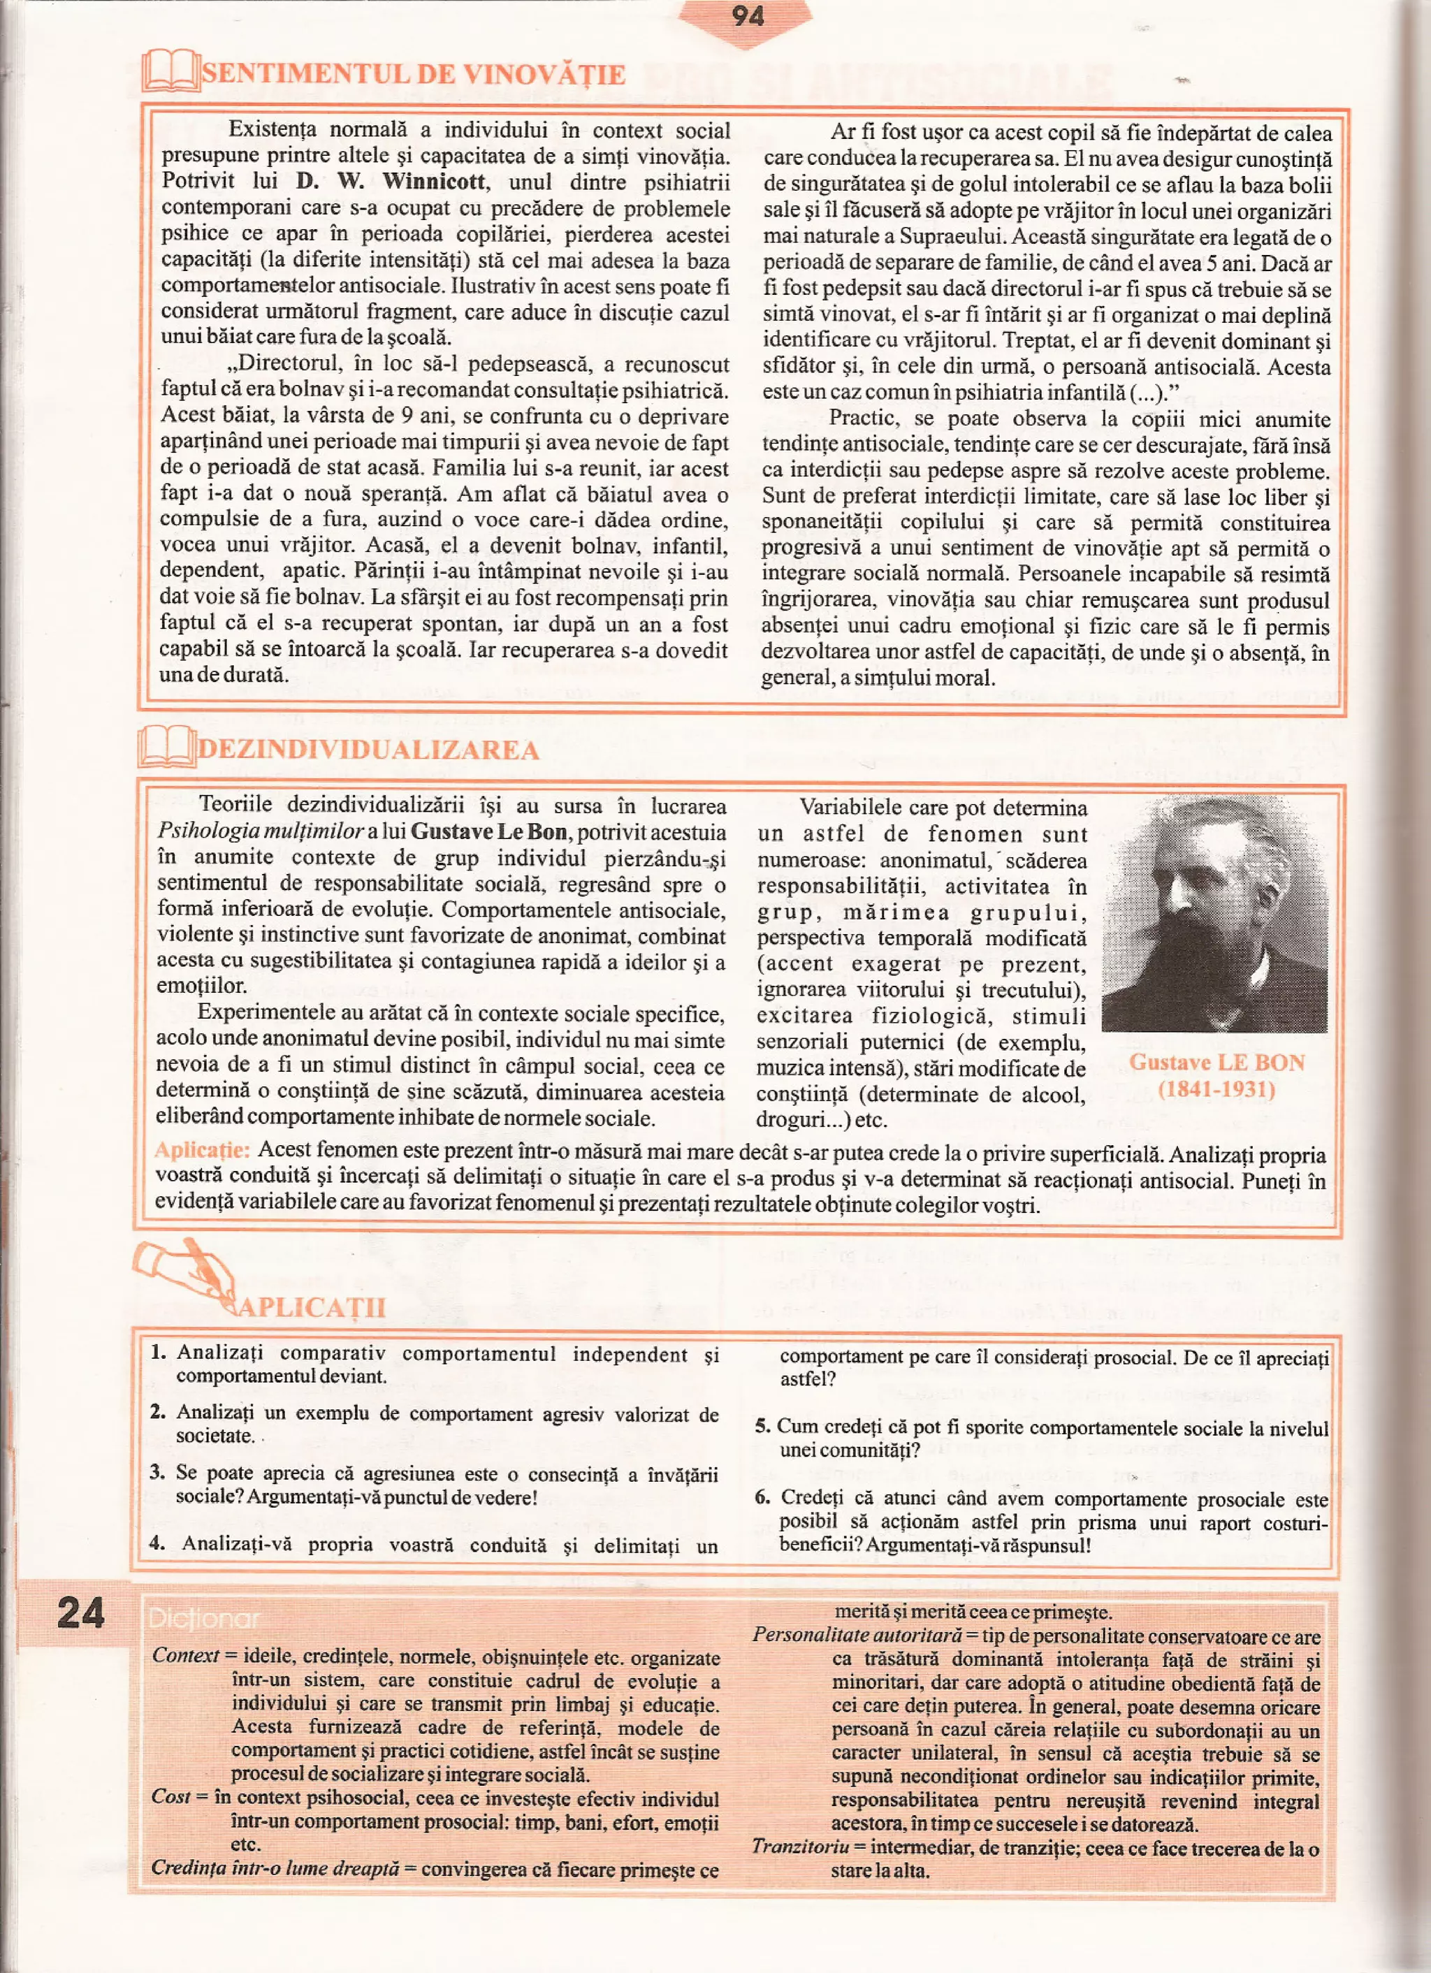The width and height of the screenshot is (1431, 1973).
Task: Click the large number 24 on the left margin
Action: tap(80, 1612)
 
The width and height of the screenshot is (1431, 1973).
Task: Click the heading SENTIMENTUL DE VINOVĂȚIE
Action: tap(413, 74)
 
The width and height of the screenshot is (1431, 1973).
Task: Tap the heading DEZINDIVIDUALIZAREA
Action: tap(369, 749)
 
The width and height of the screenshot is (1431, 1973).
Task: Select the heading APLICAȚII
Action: tap(312, 1307)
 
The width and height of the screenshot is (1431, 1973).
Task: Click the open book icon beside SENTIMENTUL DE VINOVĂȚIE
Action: tap(170, 71)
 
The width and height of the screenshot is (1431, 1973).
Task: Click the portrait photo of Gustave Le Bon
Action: tap(1214, 915)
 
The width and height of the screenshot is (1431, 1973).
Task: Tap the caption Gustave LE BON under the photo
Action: tap(1216, 1062)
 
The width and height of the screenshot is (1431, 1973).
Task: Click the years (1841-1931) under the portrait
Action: tap(1215, 1089)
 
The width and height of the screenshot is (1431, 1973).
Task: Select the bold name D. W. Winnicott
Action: tap(391, 182)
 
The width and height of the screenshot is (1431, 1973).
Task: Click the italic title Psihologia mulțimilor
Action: tap(260, 831)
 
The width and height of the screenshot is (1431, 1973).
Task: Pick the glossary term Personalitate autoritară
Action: tap(857, 1636)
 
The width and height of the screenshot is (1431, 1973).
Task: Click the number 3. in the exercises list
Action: tap(157, 1472)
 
